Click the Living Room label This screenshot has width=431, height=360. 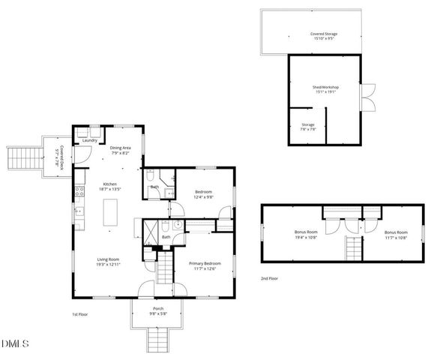[x=108, y=262]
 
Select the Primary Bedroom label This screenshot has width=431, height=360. [x=204, y=265]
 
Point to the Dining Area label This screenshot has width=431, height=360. [x=121, y=150]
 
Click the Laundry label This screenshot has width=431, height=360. [x=89, y=139]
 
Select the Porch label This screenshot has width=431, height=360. [x=158, y=310]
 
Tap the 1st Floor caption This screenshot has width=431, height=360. [x=80, y=314]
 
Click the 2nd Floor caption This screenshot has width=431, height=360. [x=270, y=278]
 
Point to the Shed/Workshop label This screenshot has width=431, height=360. [x=325, y=89]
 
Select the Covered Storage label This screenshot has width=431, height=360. [x=325, y=35]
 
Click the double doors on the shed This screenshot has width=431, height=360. [x=367, y=97]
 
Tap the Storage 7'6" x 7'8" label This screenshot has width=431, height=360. [x=308, y=126]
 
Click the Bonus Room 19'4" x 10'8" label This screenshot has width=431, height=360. [x=307, y=234]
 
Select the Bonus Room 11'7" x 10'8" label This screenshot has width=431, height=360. [x=396, y=234]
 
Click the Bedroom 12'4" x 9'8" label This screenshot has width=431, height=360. [x=205, y=194]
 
